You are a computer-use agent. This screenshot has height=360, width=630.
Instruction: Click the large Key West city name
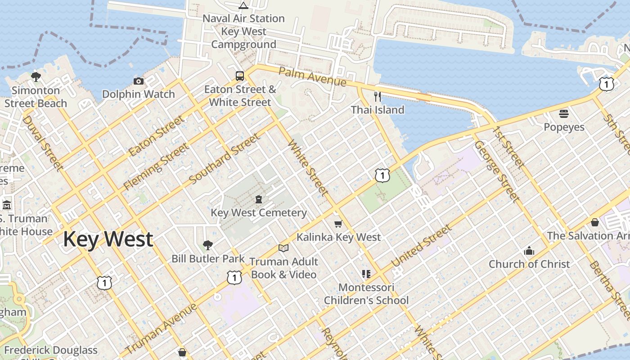tap(108, 239)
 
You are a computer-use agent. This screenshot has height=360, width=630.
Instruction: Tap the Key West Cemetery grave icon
tap(259, 199)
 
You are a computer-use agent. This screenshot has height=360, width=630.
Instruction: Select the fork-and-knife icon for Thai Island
tap(377, 96)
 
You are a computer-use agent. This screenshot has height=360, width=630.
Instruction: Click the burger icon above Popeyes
tap(564, 113)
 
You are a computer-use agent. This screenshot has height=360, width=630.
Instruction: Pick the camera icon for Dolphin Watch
tap(139, 81)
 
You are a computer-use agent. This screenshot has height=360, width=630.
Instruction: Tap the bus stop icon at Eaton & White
tap(240, 76)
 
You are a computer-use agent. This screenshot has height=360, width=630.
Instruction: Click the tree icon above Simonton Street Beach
tap(36, 77)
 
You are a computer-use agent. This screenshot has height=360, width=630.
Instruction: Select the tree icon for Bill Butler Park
tap(207, 245)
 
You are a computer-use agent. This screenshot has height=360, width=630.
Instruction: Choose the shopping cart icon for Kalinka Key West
tap(338, 224)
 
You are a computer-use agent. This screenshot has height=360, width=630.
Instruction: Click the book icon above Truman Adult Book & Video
tap(283, 248)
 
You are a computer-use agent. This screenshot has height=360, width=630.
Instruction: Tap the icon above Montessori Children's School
tap(366, 274)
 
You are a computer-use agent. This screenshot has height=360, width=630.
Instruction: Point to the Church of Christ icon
tap(529, 251)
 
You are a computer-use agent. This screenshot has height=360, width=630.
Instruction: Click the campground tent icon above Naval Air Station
tap(243, 5)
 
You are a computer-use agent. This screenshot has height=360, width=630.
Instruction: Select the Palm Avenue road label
tap(312, 76)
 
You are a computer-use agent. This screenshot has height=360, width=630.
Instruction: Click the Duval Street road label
tap(42, 143)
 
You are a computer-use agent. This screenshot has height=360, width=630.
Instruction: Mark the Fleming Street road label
tap(157, 166)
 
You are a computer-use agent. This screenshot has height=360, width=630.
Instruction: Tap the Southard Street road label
tap(225, 159)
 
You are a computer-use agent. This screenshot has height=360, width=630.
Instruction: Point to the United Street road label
tap(421, 246)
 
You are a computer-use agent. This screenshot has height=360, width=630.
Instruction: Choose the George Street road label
tap(497, 171)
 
